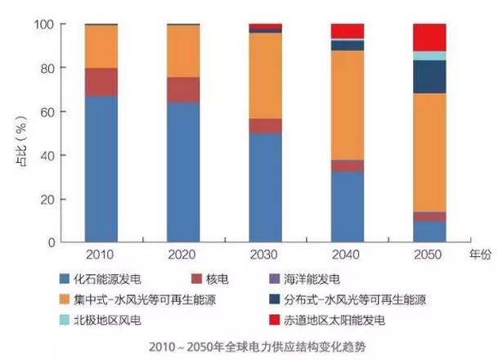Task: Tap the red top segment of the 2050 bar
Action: pyautogui.click(x=429, y=37)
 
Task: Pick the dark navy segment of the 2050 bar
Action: pyautogui.click(x=429, y=76)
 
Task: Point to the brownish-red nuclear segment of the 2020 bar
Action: pyautogui.click(x=183, y=89)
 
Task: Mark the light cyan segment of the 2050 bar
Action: pyautogui.click(x=429, y=56)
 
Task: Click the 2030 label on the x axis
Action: pyautogui.click(x=265, y=255)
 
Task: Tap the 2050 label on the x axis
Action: pyautogui.click(x=429, y=255)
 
